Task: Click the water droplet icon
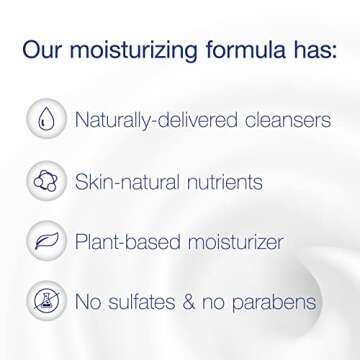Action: coord(46,120)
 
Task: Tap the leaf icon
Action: coord(46,241)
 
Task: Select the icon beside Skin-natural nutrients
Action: coord(46,181)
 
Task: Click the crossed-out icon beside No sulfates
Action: coord(46,301)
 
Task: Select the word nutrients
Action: coord(227,182)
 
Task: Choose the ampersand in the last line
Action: coord(204,301)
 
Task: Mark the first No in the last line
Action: coord(92,301)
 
